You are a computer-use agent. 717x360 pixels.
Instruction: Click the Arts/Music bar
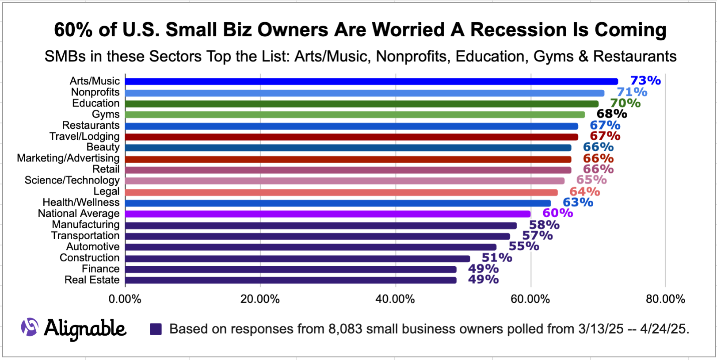click(371, 81)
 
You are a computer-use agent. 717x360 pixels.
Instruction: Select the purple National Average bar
click(327, 214)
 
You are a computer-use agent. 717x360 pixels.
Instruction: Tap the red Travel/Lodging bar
click(351, 137)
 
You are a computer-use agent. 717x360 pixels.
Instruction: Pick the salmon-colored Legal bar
click(341, 192)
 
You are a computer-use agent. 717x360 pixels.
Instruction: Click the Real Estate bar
click(290, 280)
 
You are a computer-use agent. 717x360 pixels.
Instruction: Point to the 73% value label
click(645, 80)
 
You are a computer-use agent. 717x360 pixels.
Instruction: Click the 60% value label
click(557, 213)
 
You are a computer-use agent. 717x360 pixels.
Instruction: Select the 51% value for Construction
click(496, 257)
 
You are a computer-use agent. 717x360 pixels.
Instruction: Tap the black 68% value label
click(611, 114)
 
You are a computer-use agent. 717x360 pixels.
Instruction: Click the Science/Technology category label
click(72, 180)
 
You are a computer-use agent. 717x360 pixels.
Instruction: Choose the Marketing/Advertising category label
click(68, 158)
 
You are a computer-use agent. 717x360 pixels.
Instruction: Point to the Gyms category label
click(105, 114)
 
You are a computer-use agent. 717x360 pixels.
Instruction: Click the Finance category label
click(100, 269)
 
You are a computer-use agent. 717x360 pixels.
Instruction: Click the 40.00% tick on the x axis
click(395, 299)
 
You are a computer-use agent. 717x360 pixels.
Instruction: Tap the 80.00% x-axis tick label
click(665, 299)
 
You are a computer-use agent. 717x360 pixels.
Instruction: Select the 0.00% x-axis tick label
click(125, 299)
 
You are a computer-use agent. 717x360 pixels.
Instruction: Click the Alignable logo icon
click(30, 327)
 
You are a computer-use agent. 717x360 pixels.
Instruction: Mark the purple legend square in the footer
click(156, 329)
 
